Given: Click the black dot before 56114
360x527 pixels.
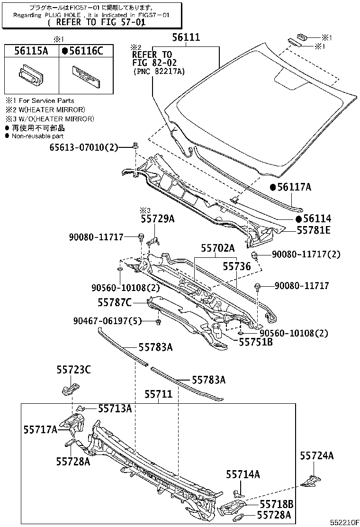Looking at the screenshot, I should (x=299, y=219).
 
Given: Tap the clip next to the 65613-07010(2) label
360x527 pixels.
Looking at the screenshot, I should (x=135, y=145).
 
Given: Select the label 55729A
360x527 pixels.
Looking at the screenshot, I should (x=157, y=218).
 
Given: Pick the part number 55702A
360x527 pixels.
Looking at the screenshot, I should (x=217, y=248).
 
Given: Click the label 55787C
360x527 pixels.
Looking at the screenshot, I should (x=114, y=302).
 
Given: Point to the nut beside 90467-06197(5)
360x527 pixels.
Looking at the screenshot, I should (x=158, y=323).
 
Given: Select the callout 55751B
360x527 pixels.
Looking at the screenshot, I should (x=255, y=341).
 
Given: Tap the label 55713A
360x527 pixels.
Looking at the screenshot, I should (x=115, y=409).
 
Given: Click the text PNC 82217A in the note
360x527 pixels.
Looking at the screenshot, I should (x=159, y=71).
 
